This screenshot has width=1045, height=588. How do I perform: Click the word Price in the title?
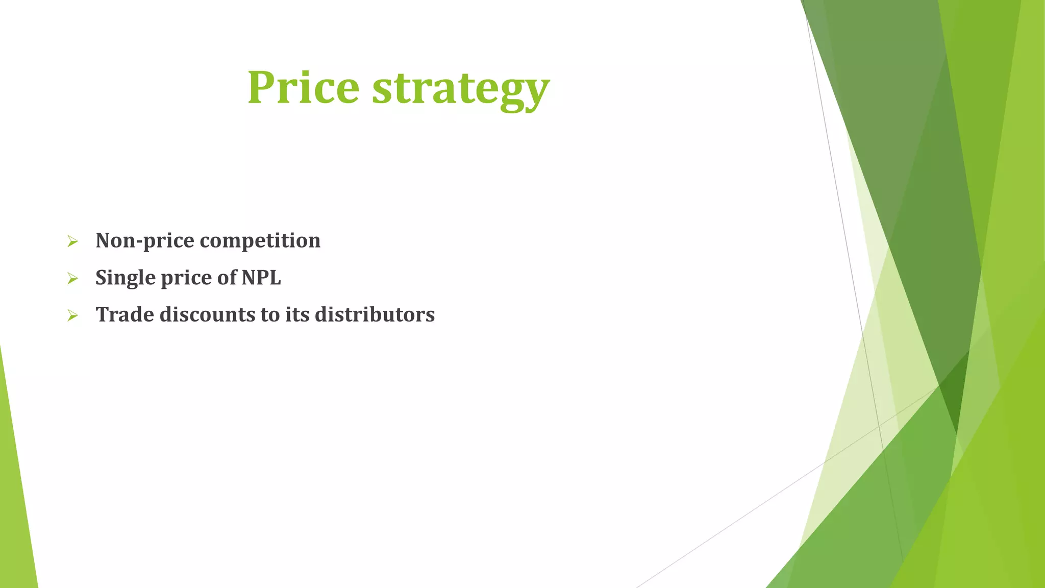point(304,87)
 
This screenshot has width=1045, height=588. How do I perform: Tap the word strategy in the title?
point(461,89)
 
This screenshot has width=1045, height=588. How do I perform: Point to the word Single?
point(125,278)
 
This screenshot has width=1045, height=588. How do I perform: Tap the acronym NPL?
point(261,278)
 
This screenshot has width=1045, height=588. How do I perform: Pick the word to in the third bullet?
point(270,315)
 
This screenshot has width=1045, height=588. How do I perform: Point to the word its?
point(297,314)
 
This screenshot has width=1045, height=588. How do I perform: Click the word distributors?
point(375,314)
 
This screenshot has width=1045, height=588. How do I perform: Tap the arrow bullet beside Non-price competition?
point(72,241)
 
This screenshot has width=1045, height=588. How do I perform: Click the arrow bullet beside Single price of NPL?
point(72,279)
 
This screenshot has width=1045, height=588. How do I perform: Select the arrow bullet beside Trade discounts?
point(72,316)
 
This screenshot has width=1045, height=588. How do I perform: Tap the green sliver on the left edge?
point(15,500)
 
